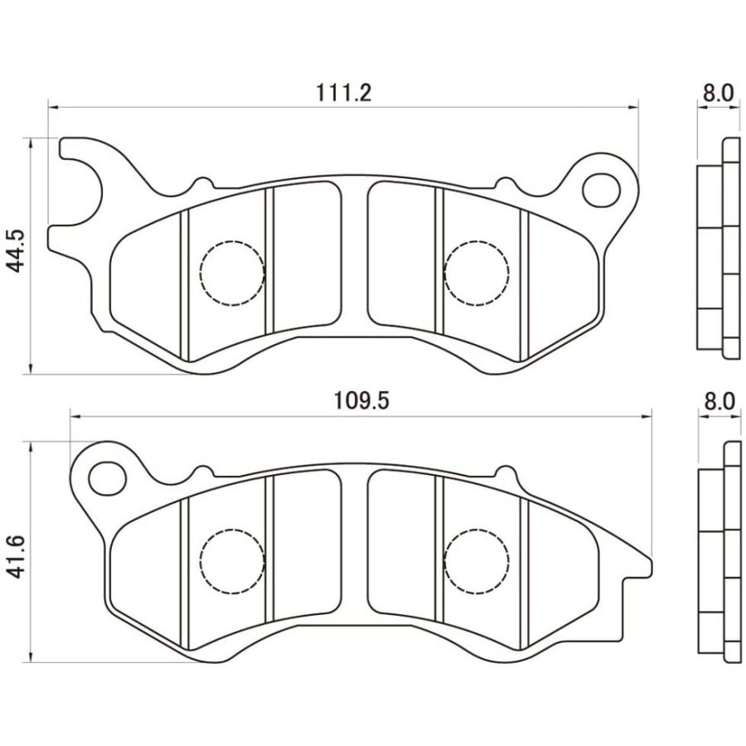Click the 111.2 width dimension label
[343, 93]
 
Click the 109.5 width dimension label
[361, 401]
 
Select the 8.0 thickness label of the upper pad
[718, 93]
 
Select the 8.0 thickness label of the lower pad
[718, 401]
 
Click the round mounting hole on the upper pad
[601, 190]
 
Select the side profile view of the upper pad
[718, 249]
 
